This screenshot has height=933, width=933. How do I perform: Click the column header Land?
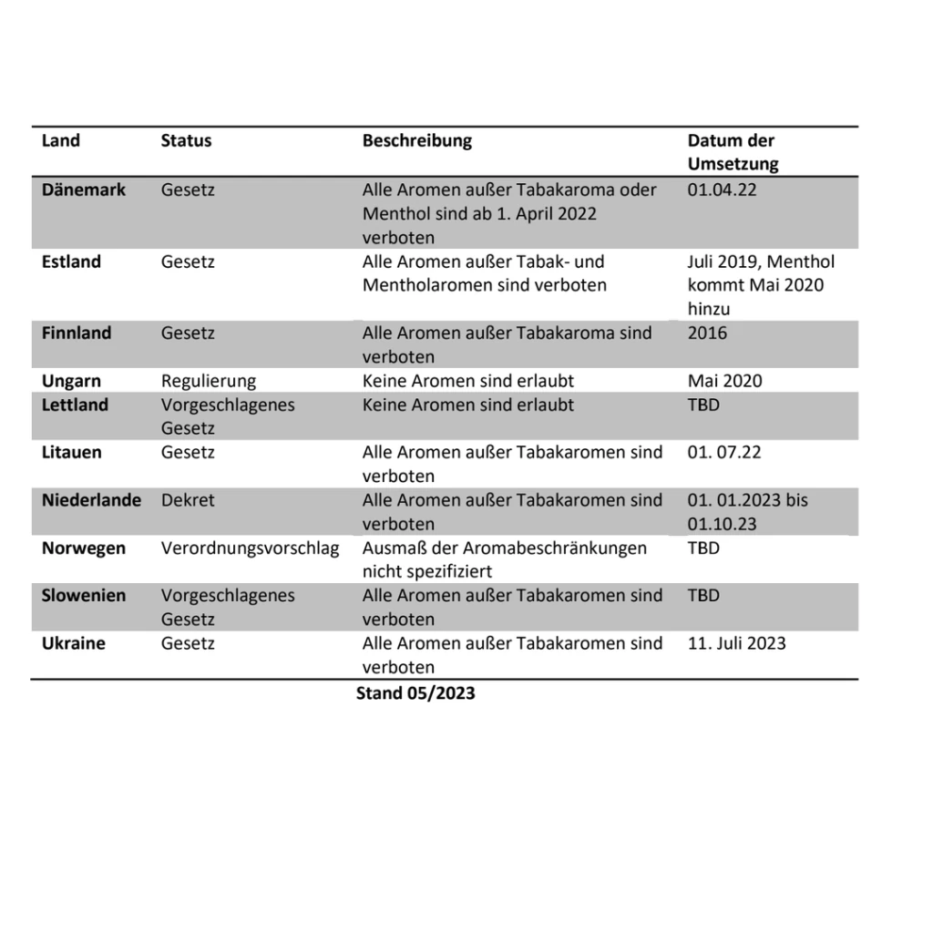click(61, 140)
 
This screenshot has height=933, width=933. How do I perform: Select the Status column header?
click(186, 140)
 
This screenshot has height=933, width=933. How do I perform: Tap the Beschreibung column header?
click(417, 140)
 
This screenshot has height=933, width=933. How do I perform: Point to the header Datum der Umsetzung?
click(733, 152)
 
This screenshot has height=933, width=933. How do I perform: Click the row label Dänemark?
click(84, 190)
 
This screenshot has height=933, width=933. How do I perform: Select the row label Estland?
click(71, 261)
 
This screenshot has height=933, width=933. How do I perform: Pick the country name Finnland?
click(77, 333)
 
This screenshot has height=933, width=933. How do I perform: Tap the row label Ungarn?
click(71, 381)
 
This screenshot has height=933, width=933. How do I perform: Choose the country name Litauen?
click(72, 452)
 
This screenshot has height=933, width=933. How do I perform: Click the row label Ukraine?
click(74, 643)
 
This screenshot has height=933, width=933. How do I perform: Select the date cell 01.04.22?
click(722, 190)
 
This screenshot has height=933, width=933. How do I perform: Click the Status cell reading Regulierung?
click(209, 381)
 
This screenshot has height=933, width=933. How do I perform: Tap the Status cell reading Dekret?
click(188, 500)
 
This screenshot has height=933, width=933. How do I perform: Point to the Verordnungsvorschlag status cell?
click(250, 548)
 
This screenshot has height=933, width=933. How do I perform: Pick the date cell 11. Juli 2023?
click(736, 643)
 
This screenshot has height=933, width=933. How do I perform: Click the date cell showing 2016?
click(707, 333)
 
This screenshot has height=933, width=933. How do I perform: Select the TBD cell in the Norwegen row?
click(703, 548)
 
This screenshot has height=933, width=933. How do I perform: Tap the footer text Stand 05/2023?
click(415, 693)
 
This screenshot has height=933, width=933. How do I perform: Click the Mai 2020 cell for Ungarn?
click(724, 381)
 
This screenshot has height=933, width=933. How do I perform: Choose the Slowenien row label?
click(84, 595)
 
